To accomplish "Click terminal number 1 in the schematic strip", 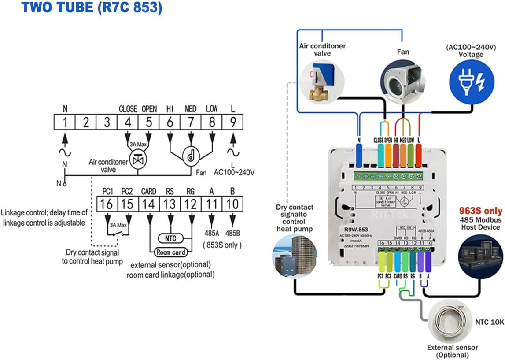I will pyautogui.click(x=65, y=122).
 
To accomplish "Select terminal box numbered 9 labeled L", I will pyautogui.click(x=232, y=122).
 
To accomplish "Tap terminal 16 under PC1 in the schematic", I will pyautogui.click(x=107, y=204).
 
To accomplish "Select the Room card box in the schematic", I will pyautogui.click(x=171, y=252).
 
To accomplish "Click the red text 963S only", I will pyautogui.click(x=480, y=210).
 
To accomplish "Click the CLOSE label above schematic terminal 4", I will pyautogui.click(x=128, y=108).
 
